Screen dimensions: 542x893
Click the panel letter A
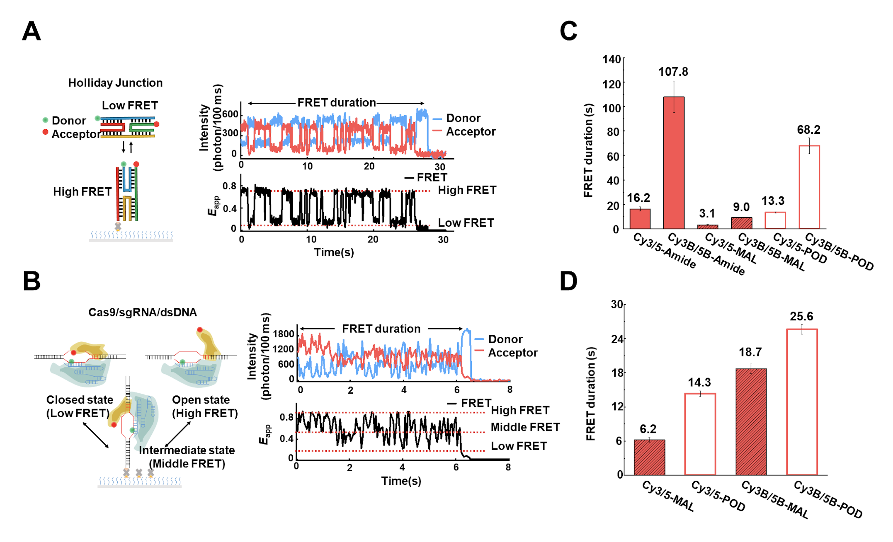[x=32, y=31]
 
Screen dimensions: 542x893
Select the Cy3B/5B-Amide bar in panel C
[x=674, y=162]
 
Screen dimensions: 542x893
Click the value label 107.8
[x=673, y=72]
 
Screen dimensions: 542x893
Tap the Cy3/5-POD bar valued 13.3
[x=775, y=220]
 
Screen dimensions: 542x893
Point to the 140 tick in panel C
[x=612, y=59]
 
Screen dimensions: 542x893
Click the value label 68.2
[x=808, y=130]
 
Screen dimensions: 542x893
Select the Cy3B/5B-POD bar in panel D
[x=802, y=402]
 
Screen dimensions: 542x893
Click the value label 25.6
[x=801, y=316]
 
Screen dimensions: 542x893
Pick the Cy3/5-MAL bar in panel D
[x=649, y=457]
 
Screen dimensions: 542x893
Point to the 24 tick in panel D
[x=617, y=339]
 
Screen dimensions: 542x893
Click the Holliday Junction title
[x=115, y=83]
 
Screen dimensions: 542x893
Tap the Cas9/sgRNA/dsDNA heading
[x=142, y=312]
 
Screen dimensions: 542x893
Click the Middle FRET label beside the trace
[x=525, y=427]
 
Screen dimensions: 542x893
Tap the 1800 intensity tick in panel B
[x=284, y=334]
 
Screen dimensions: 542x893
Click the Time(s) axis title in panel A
[x=334, y=252]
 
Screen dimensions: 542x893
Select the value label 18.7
[x=750, y=352]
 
